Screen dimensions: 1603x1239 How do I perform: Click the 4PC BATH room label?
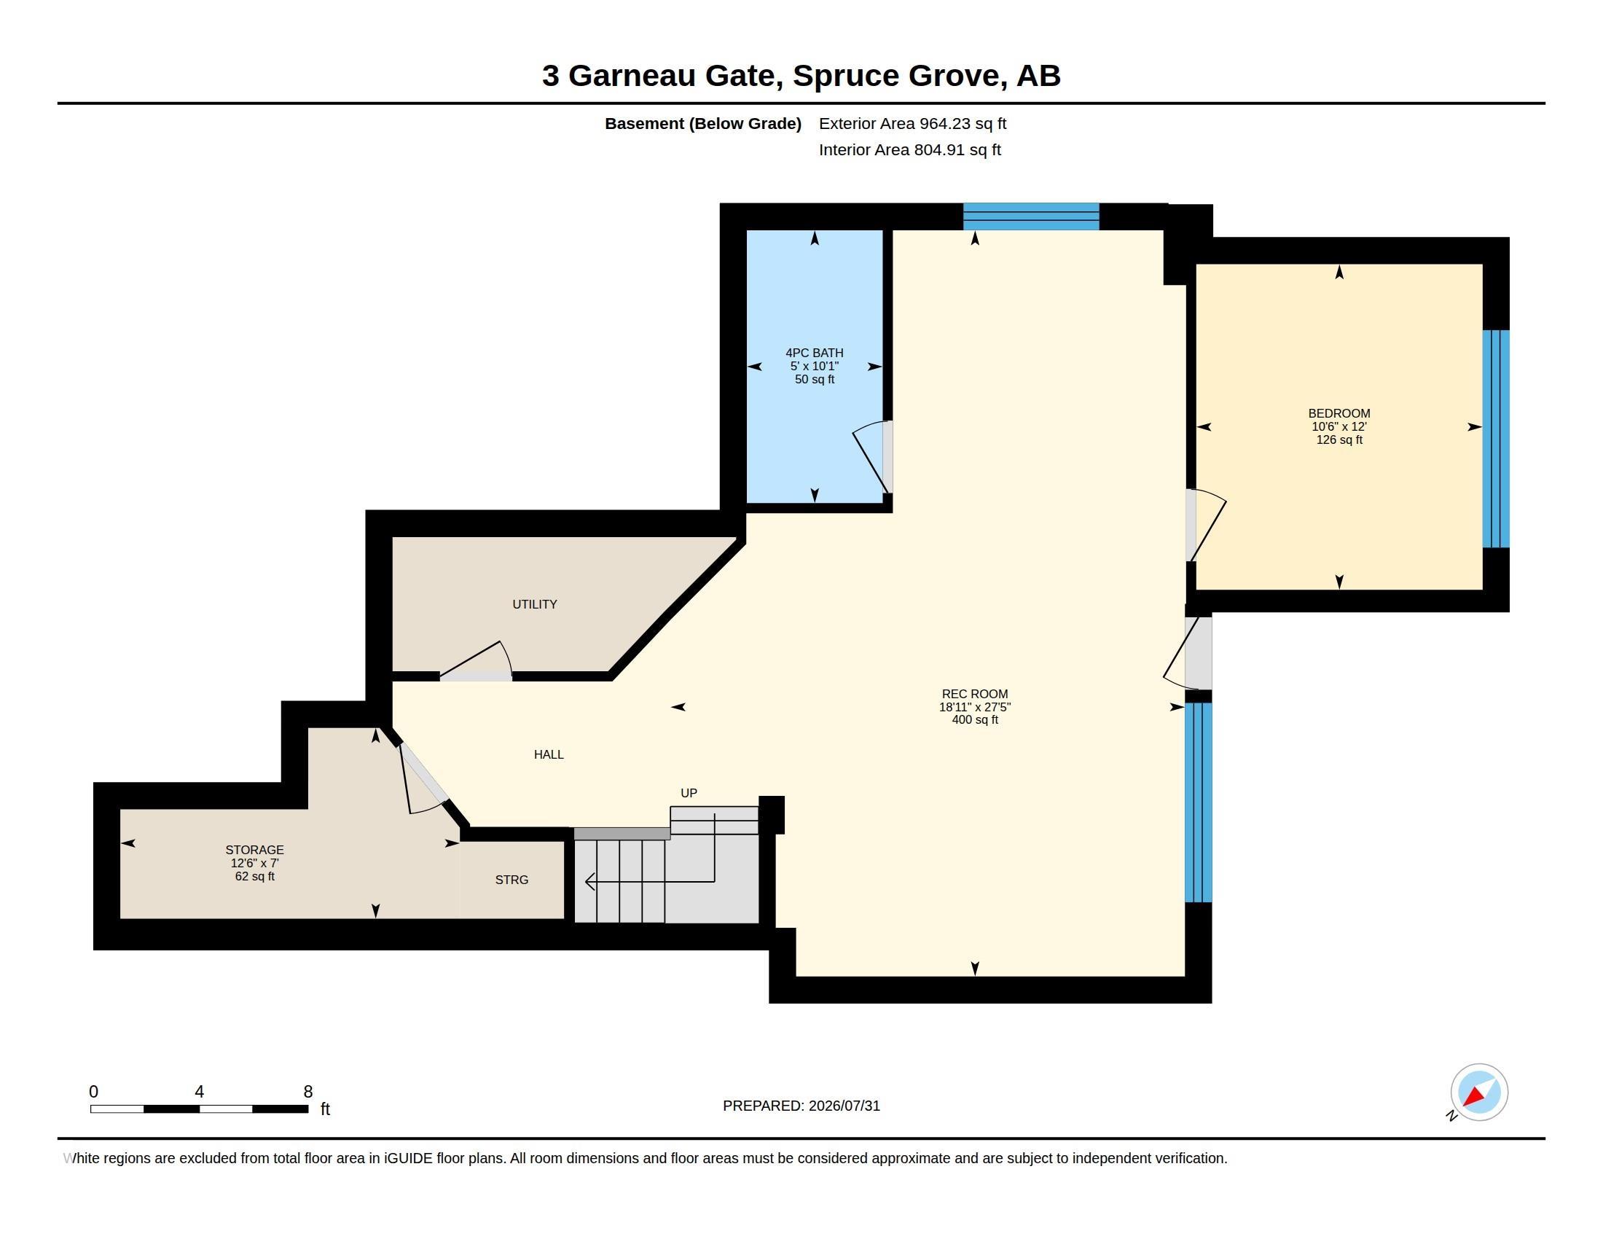[814, 353]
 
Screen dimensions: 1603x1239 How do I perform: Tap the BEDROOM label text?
[1339, 413]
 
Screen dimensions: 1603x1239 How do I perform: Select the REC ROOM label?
[975, 694]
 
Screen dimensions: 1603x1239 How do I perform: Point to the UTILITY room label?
[534, 604]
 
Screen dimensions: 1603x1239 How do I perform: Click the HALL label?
[548, 754]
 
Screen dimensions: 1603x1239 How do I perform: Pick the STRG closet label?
[512, 880]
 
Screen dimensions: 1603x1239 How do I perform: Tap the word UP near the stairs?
[689, 793]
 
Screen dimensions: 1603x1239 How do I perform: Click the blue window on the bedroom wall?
[1496, 439]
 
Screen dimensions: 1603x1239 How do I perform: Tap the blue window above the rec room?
[1030, 216]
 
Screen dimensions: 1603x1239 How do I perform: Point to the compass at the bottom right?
[1478, 1093]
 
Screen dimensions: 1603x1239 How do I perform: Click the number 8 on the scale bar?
[307, 1092]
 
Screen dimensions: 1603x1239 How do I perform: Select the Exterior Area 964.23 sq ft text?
[912, 123]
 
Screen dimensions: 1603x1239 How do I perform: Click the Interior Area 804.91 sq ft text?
[909, 149]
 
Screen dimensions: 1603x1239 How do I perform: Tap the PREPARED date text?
[801, 1106]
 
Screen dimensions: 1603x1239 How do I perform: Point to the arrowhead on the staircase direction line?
[589, 882]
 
